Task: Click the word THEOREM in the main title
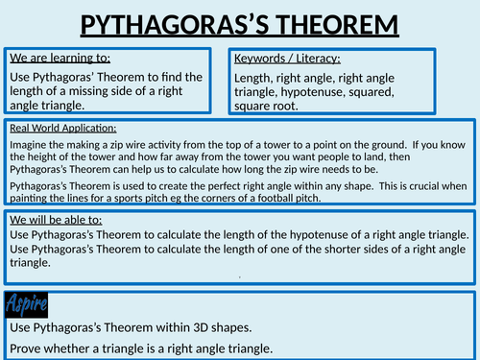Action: pos(337,25)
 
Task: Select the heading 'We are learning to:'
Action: pos(60,58)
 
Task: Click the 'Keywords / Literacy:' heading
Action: pos(287,59)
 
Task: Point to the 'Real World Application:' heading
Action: pos(63,128)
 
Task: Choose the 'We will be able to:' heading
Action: pos(56,220)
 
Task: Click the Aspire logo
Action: pos(27,304)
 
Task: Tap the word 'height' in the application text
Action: pos(40,157)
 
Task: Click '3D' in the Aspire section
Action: pos(201,327)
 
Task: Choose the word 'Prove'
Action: pos(25,348)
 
